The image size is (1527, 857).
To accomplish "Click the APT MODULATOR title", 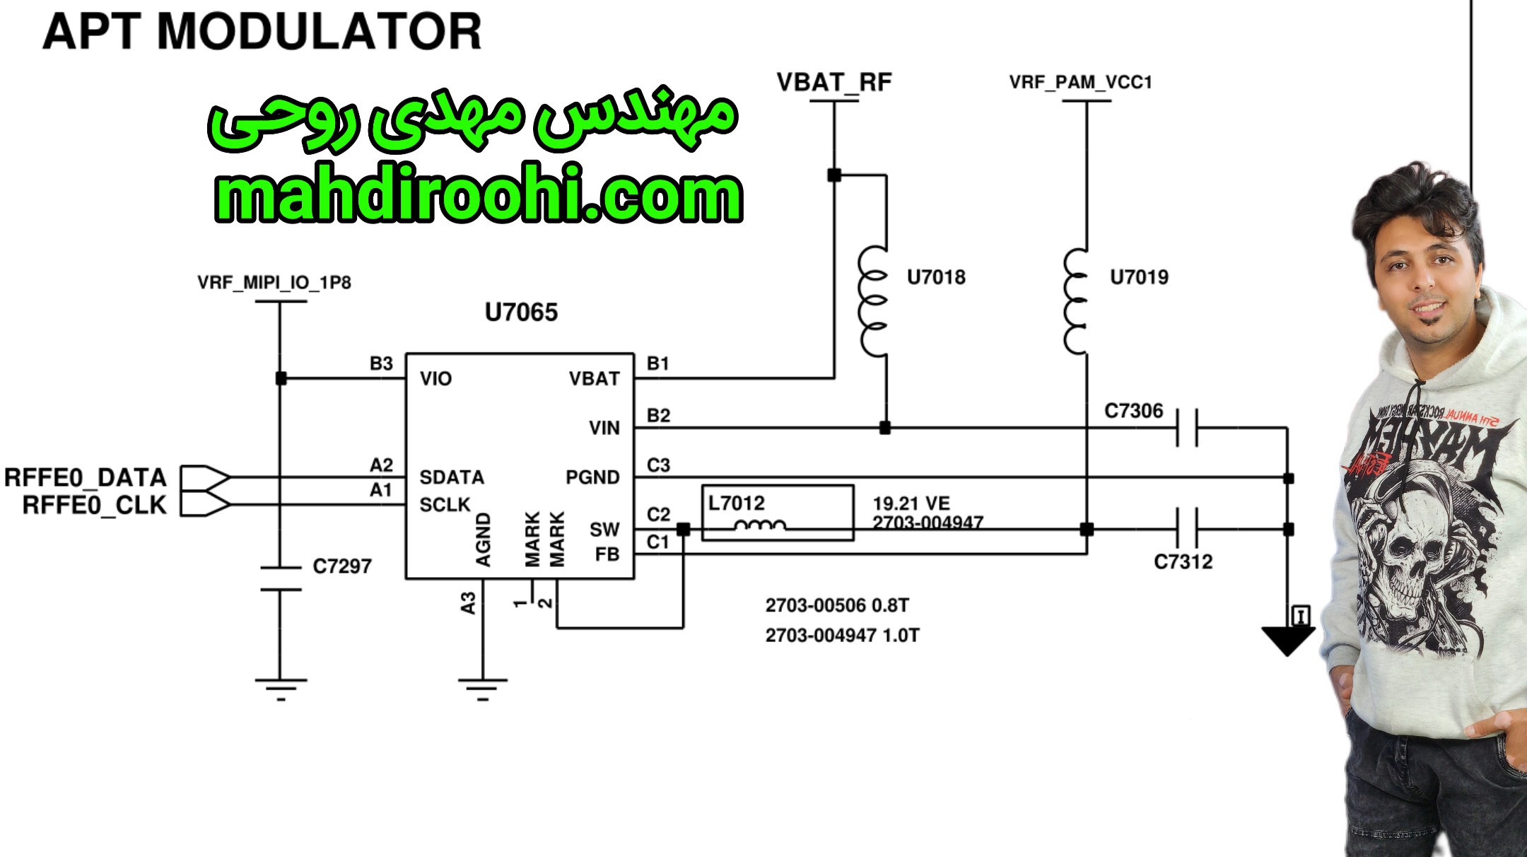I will tap(262, 32).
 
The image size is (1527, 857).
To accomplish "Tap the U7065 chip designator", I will tap(521, 312).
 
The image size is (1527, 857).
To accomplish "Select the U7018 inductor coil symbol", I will tap(874, 301).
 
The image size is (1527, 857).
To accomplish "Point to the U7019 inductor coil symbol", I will tap(1077, 301).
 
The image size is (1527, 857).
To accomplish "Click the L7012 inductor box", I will tap(777, 513).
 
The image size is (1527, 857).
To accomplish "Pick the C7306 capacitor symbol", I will tap(1187, 428).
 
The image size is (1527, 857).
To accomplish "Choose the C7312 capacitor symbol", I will tap(1187, 529).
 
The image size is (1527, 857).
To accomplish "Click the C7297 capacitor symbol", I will tap(281, 578).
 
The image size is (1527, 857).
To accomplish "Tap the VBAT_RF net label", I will tap(834, 83).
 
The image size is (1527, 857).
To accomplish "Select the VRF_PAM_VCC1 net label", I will tap(1080, 83).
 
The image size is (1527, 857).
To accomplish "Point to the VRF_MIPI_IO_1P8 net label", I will tap(274, 283).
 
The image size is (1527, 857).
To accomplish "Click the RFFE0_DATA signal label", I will tap(86, 478).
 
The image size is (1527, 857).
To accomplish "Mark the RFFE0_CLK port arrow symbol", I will tap(205, 505).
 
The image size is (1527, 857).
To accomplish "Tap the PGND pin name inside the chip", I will tap(592, 477).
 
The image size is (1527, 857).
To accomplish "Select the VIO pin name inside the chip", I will tap(435, 379).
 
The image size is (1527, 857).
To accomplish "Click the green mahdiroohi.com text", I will tap(479, 194).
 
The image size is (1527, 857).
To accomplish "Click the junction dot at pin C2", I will tap(683, 529).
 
